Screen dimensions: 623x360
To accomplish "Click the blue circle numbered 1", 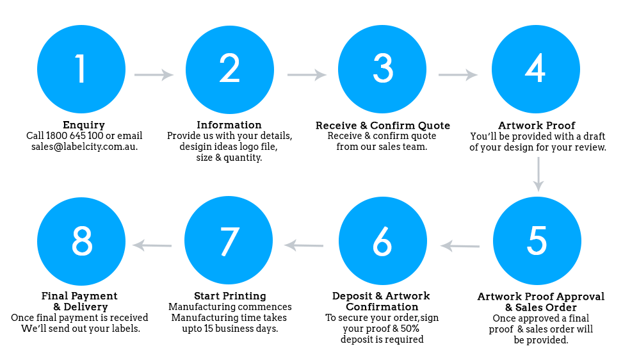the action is click(81, 69).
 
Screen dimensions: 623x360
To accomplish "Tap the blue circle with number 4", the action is click(535, 69).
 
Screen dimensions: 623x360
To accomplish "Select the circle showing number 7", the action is click(229, 240).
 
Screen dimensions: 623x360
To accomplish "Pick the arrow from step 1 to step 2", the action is click(154, 75).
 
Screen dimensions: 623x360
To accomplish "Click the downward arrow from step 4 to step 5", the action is click(538, 174).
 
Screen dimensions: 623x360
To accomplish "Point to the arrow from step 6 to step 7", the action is click(303, 245).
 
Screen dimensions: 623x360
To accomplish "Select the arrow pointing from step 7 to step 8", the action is click(152, 245).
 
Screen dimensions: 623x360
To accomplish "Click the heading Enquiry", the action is click(84, 126).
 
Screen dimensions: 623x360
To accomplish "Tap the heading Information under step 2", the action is click(229, 125).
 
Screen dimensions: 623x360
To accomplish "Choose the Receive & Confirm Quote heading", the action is click(383, 126).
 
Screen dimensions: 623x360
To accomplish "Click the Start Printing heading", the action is click(230, 297).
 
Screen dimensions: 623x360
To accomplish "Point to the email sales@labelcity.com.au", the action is click(85, 147).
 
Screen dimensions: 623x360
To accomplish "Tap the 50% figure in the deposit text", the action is click(410, 329).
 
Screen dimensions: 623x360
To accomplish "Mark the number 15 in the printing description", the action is click(209, 329).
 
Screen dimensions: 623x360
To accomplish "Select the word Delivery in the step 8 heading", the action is click(86, 307).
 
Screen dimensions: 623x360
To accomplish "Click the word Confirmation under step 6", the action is click(382, 307).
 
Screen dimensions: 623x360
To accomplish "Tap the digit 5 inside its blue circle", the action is click(537, 240).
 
